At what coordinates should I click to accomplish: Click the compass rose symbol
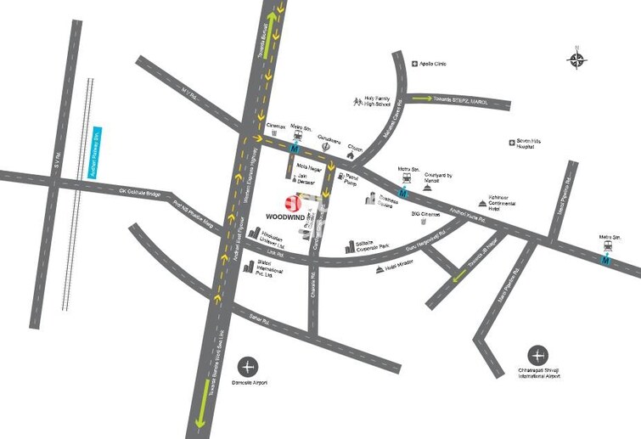[x=576, y=59]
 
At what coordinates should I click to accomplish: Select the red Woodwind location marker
[x=293, y=202]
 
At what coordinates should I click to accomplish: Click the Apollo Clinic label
[x=432, y=64]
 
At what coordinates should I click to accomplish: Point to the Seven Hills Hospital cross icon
[x=511, y=142]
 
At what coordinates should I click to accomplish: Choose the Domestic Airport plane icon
[x=248, y=367]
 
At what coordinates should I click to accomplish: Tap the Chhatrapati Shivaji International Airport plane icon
[x=537, y=355]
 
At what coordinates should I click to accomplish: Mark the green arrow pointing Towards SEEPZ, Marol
[x=420, y=99]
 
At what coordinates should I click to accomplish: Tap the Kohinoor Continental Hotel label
[x=509, y=209]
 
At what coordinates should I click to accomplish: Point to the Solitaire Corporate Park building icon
[x=350, y=247]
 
